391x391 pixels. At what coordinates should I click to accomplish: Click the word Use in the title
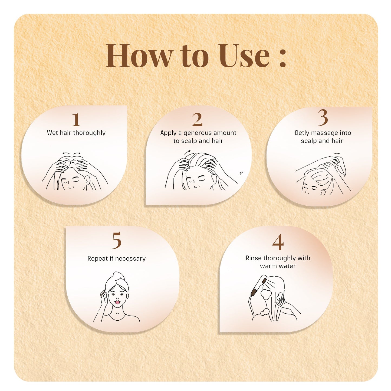coord(244,55)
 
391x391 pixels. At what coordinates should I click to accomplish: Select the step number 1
coord(76,120)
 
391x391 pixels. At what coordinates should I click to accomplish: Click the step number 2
coord(197,120)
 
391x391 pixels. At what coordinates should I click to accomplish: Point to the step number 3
coord(323,117)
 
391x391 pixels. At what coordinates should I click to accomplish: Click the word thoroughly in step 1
coord(89,133)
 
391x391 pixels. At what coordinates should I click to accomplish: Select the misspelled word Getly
coord(302,133)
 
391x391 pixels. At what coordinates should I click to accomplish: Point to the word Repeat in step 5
coord(98,259)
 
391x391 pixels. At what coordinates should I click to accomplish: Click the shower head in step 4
coord(258,287)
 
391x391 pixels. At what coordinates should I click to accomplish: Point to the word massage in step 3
coord(324,133)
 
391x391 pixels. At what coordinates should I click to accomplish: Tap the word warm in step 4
coord(268,266)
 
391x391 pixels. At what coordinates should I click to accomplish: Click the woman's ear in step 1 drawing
coord(87,180)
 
